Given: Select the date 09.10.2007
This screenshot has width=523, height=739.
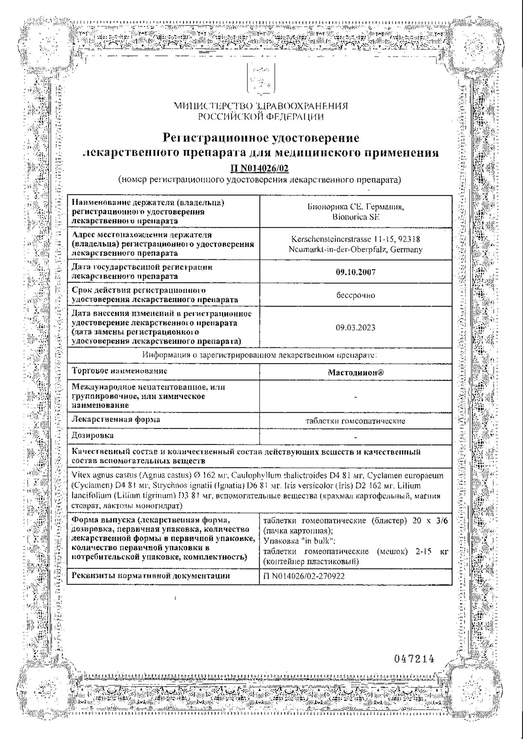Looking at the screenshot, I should (x=355, y=272).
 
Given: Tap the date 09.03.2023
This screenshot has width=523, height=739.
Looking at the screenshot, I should (x=355, y=328).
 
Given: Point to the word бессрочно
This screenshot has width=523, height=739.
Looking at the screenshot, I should (x=355, y=295).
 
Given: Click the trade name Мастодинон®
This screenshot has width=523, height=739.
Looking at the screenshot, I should (x=355, y=372).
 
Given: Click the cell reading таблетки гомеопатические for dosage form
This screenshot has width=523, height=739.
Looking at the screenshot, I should (x=355, y=421).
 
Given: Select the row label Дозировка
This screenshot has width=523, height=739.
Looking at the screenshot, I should (x=92, y=436).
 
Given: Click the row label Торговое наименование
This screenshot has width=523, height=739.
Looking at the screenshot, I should (x=119, y=371).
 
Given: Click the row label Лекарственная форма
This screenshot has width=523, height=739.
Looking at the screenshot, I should (x=116, y=419).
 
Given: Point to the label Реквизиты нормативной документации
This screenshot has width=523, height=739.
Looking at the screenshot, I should (x=151, y=576).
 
